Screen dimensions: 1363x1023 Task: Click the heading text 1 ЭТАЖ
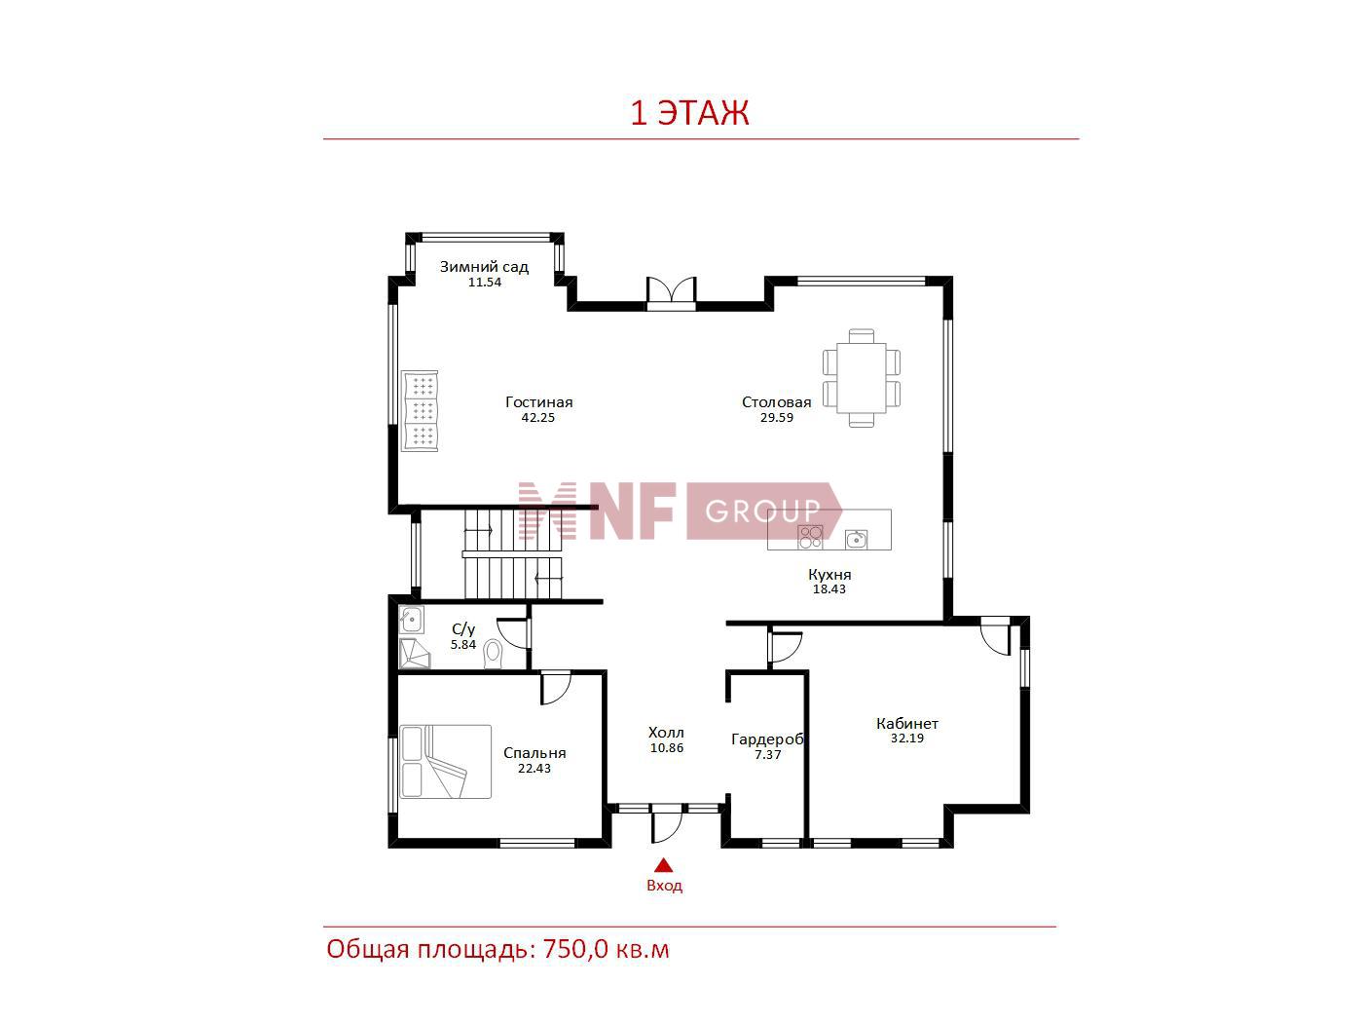689,113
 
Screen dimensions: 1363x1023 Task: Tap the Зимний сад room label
484,266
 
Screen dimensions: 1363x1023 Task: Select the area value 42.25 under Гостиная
537,417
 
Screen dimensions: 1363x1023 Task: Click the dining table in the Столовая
862,378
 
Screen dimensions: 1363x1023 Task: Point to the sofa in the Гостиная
420,410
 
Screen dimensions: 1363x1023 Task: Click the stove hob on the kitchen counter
810,537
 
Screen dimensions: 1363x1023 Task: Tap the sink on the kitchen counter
856,539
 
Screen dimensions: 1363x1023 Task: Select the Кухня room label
829,574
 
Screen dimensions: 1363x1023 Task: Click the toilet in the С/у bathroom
493,654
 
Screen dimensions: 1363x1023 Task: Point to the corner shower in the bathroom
414,654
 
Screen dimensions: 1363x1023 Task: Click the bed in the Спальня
445,762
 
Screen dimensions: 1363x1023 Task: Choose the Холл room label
666,733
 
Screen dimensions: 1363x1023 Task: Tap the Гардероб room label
767,739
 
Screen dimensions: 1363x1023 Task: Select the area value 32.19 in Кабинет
906,738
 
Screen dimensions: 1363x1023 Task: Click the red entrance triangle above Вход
664,865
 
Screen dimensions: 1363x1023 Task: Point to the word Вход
664,886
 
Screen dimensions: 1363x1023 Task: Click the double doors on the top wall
671,293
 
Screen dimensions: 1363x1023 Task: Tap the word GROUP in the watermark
762,511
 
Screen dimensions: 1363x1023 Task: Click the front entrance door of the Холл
666,823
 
